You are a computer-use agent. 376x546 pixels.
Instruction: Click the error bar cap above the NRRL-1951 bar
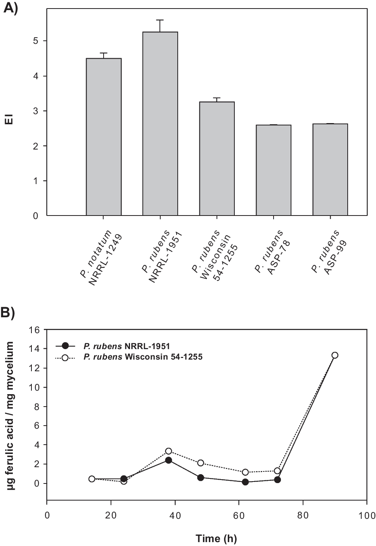click(x=160, y=20)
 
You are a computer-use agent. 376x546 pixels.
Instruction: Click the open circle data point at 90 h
click(x=334, y=355)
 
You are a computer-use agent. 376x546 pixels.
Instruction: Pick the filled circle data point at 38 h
click(x=168, y=460)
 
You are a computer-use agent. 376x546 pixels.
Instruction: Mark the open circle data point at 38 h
click(x=168, y=451)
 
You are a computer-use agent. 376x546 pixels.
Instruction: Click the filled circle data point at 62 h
click(x=245, y=482)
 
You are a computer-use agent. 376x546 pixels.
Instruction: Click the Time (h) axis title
click(x=216, y=538)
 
